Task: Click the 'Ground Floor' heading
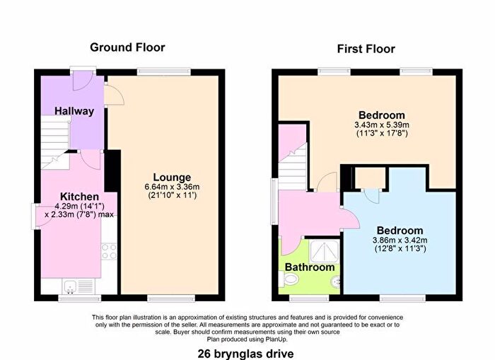pos(127,47)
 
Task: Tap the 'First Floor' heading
pos(366,49)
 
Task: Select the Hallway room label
pos(75,111)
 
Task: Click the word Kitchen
pos(78,196)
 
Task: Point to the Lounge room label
pos(173,177)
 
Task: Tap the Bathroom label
pos(309,267)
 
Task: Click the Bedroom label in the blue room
pos(400,231)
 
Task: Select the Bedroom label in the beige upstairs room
pos(381,115)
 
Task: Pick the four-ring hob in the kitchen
pos(109,252)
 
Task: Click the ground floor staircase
pos(54,141)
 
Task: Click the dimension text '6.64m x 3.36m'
pos(173,187)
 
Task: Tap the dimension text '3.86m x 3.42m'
pos(400,240)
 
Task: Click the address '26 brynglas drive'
pos(247,351)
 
